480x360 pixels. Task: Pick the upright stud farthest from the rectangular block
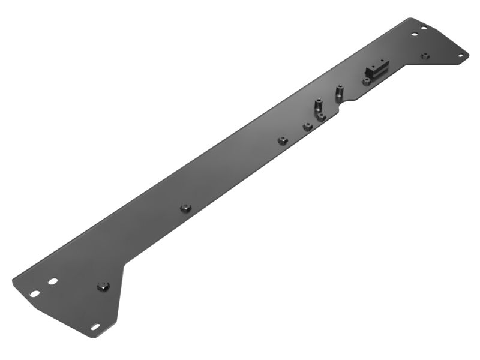click(318, 105)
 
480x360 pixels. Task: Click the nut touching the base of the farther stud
click(322, 117)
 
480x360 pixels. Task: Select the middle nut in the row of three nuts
click(307, 126)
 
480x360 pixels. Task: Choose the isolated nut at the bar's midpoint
click(185, 208)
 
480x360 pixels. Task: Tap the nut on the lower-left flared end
click(103, 286)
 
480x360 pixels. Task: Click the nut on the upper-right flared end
click(425, 56)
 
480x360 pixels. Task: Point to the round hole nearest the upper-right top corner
click(423, 28)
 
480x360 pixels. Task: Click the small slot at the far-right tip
click(460, 55)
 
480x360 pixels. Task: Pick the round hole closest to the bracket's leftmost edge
click(35, 293)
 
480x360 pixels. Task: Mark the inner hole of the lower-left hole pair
click(53, 281)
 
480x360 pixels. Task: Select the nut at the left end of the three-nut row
click(282, 140)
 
